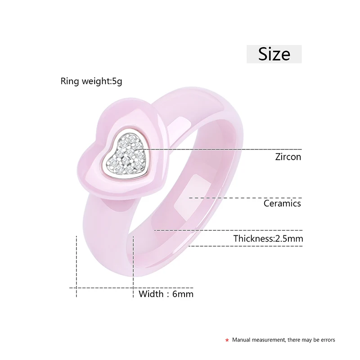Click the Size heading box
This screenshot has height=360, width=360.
point(274,54)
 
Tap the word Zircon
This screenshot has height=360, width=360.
point(288,157)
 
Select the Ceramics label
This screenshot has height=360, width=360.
point(283,203)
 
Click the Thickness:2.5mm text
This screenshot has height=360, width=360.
point(268,238)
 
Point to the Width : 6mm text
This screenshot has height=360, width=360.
point(166,294)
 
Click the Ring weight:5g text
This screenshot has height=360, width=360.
point(91,81)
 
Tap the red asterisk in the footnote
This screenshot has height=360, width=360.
point(227,340)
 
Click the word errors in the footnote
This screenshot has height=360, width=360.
point(326,340)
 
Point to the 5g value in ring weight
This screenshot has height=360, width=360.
point(117,81)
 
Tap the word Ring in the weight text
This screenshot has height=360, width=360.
point(68,81)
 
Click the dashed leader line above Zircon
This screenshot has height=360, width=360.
point(225,149)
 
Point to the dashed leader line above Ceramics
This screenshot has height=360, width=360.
point(245,198)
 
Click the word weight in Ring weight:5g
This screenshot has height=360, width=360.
point(93,81)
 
